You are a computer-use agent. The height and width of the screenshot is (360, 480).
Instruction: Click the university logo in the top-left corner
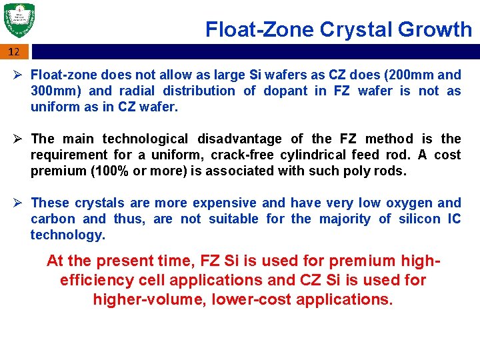coord(19,21)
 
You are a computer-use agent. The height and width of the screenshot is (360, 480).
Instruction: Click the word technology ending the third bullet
coord(67,235)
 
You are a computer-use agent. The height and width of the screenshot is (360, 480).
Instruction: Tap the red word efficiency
coord(99,280)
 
